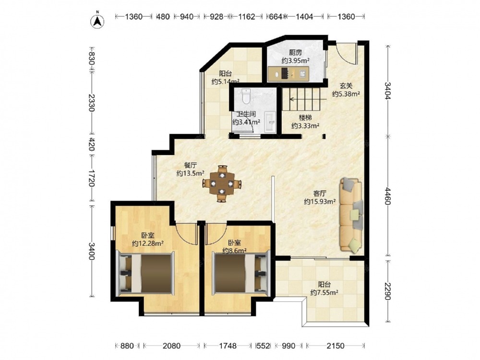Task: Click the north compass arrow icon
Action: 97,21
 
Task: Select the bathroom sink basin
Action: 270,122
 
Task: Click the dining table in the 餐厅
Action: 222,184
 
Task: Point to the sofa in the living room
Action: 351,216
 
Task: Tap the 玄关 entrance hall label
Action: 346,86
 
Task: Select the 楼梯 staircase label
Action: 305,118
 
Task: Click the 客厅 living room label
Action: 320,193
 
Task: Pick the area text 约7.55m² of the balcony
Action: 324,292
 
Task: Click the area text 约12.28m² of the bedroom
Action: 147,243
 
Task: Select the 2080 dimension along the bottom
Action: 171,346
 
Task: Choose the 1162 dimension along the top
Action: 247,16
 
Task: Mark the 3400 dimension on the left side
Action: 92,251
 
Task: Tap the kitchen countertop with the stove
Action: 288,74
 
